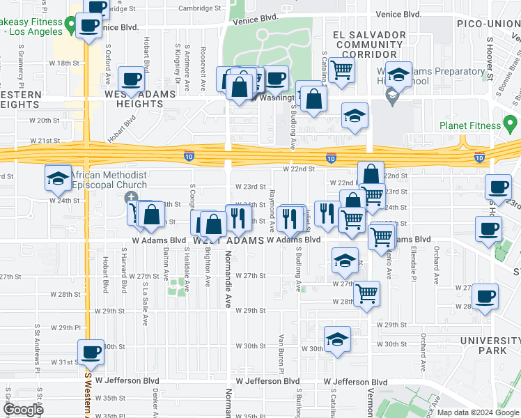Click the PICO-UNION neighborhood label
(487, 24)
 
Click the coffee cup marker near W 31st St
(89, 353)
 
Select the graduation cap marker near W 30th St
(337, 339)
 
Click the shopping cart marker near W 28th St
(366, 293)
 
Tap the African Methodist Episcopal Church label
(108, 180)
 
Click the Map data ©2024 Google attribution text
(478, 412)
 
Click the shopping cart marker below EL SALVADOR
(341, 70)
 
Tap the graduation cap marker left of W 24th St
(58, 178)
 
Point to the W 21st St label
(49, 141)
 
